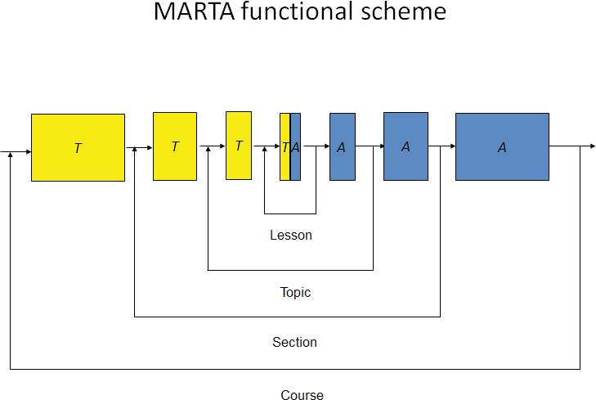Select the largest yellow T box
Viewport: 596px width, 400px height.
(78, 147)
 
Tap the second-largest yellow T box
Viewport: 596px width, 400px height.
(175, 146)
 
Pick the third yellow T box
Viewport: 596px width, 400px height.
(239, 146)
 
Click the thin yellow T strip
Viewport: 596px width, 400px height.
(285, 146)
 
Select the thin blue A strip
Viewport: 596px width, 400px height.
(296, 146)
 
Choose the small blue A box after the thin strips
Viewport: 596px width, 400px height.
(343, 146)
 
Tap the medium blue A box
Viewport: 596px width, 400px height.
(406, 146)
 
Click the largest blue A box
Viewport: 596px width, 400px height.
(502, 146)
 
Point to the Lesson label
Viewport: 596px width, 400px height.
(291, 236)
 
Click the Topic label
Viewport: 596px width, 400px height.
(295, 292)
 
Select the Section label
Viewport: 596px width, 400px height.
(294, 342)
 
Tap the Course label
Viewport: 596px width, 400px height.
(302, 395)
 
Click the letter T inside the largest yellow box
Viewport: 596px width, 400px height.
(78, 149)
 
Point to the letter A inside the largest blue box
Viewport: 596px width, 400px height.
(502, 147)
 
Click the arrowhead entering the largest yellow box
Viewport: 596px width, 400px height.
(28, 152)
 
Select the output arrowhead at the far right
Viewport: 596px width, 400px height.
(593, 146)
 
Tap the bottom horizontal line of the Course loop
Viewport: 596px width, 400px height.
(294, 369)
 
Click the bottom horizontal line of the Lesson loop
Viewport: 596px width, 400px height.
(290, 213)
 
